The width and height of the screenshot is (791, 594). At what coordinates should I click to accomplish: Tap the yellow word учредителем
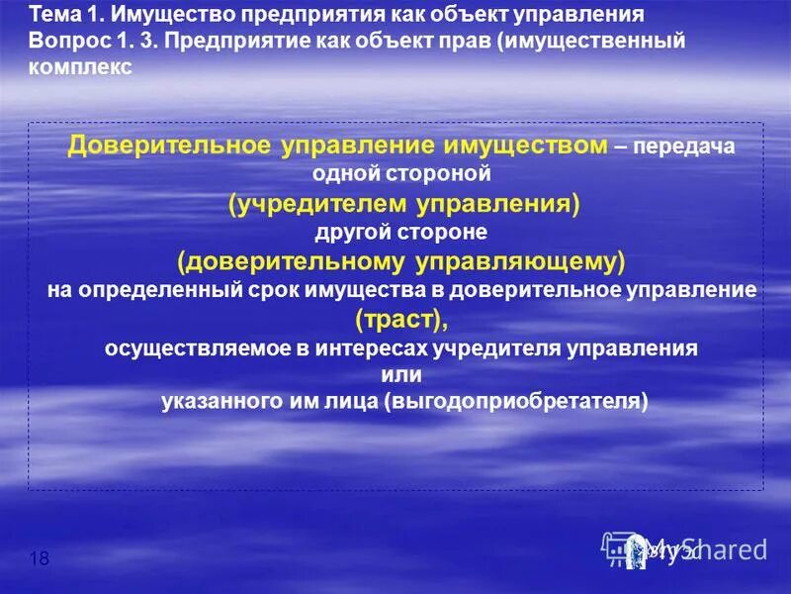pos(315,203)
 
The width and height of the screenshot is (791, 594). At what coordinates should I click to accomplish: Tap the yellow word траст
pos(400,319)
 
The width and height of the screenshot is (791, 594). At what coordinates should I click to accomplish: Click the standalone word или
pos(401,375)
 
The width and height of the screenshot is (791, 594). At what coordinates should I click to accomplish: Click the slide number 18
pos(41,559)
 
